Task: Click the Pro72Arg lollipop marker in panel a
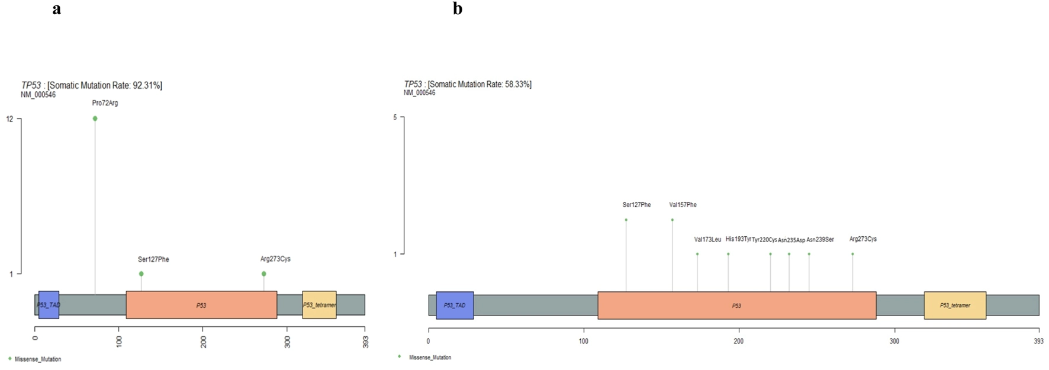pyautogui.click(x=95, y=118)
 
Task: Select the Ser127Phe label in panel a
pyautogui.click(x=153, y=259)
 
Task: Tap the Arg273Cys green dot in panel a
pyautogui.click(x=263, y=274)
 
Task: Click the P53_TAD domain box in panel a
pyautogui.click(x=49, y=305)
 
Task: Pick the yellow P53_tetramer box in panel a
pyautogui.click(x=319, y=305)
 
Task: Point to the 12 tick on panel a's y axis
pyautogui.click(x=10, y=119)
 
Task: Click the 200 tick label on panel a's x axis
pyautogui.click(x=203, y=342)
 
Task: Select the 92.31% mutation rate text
pyautogui.click(x=147, y=85)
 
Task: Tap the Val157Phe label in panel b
pyautogui.click(x=683, y=205)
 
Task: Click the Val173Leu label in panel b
pyautogui.click(x=707, y=239)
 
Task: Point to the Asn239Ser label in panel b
pyautogui.click(x=820, y=239)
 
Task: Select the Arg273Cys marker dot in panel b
pyautogui.click(x=852, y=254)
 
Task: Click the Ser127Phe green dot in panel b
pyautogui.click(x=626, y=220)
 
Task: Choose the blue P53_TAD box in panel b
pyautogui.click(x=455, y=305)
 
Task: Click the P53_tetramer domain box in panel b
pyautogui.click(x=955, y=305)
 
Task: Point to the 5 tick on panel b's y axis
pyautogui.click(x=395, y=117)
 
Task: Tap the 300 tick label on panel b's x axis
pyautogui.click(x=894, y=341)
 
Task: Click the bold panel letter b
pyautogui.click(x=458, y=9)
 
